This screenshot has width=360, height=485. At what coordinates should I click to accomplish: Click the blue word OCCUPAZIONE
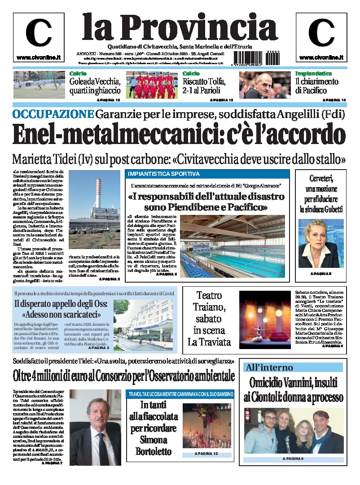(x=53, y=114)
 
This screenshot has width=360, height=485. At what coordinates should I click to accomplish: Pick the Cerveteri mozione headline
(x=320, y=193)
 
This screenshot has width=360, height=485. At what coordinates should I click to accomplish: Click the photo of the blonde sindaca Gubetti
(x=320, y=243)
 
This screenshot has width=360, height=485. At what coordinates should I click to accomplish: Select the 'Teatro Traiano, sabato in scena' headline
(x=209, y=318)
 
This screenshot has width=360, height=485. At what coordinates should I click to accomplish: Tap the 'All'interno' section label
(x=268, y=367)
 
